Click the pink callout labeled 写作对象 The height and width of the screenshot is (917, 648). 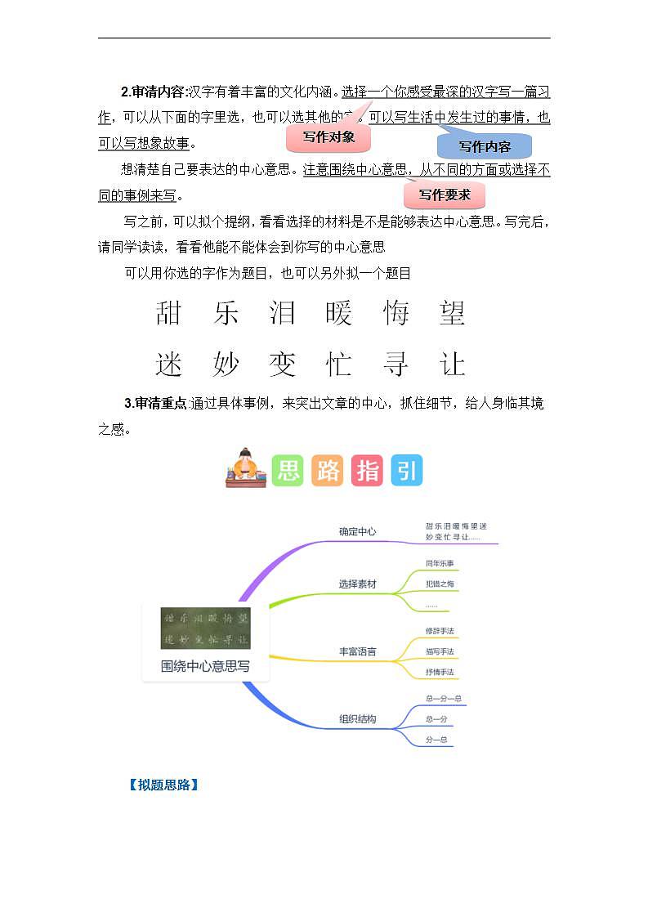tap(328, 138)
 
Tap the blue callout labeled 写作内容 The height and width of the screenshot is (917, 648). tap(485, 147)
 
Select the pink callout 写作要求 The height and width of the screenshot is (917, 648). tap(445, 195)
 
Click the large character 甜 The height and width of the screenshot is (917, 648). tap(169, 313)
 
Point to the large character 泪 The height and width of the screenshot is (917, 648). tap(282, 313)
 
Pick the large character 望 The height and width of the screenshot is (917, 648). tap(452, 313)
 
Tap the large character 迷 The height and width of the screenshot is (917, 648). tap(169, 365)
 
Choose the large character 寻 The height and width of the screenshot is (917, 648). tap(396, 365)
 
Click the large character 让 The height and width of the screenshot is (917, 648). tap(452, 365)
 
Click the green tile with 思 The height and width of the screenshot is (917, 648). tap(288, 471)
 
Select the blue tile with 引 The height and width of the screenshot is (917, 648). tap(406, 471)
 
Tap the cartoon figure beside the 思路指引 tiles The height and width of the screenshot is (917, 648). tap(245, 469)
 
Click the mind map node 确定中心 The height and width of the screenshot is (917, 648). tap(358, 532)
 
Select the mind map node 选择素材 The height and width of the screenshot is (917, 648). tap(358, 584)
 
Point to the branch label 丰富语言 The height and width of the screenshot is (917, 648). tap(358, 652)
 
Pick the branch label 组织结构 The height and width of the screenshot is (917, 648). tap(358, 720)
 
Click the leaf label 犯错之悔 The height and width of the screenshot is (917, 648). tap(440, 584)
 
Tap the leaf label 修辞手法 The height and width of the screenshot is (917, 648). tap(440, 632)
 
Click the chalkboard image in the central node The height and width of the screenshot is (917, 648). tap(205, 628)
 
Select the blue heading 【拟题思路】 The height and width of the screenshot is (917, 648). tap(163, 785)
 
